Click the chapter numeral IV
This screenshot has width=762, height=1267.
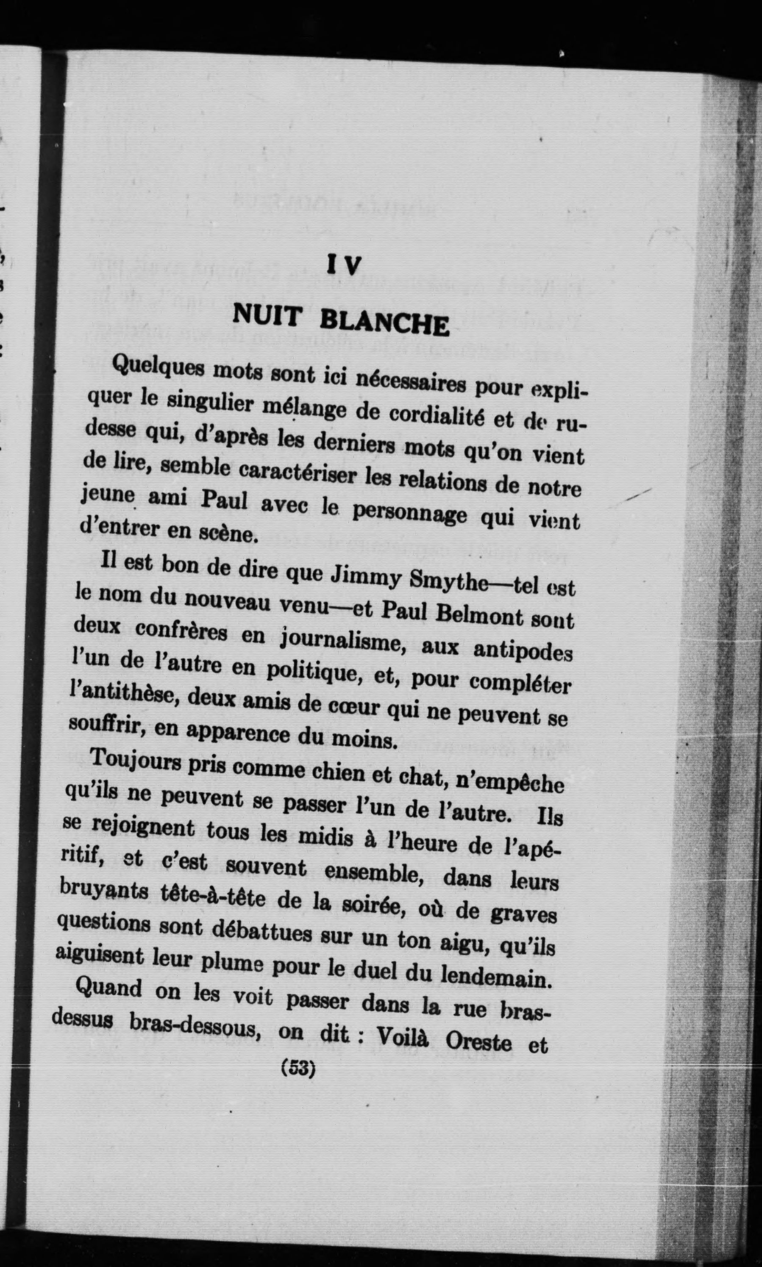click(345, 265)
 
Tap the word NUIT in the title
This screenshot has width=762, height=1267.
click(267, 314)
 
